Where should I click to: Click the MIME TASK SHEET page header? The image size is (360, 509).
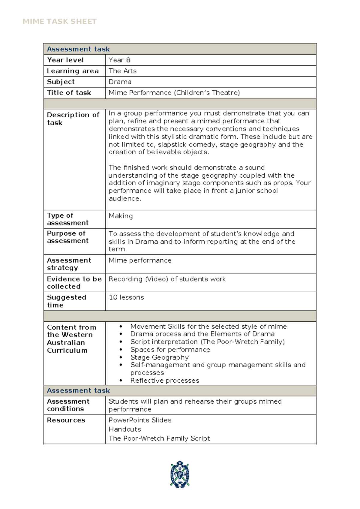pyautogui.click(x=59, y=22)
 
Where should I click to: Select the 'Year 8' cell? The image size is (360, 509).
pyautogui.click(x=119, y=60)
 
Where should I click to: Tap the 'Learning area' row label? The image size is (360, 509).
pyautogui.click(x=73, y=71)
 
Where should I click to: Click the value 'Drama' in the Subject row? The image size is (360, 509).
pyautogui.click(x=120, y=82)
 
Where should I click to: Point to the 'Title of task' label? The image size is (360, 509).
pyautogui.click(x=69, y=93)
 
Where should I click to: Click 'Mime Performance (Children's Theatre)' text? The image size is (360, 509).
pyautogui.click(x=174, y=93)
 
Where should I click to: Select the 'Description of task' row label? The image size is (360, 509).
pyautogui.click(x=73, y=119)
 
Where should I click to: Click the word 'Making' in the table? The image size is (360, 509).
pyautogui.click(x=121, y=216)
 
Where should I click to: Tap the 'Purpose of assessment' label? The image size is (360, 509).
pyautogui.click(x=67, y=237)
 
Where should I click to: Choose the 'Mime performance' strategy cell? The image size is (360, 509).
pyautogui.click(x=140, y=260)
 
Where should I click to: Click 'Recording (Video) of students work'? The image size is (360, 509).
pyautogui.click(x=167, y=279)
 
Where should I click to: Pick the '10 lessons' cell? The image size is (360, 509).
pyautogui.click(x=126, y=297)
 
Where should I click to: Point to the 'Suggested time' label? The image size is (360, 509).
pyautogui.click(x=66, y=301)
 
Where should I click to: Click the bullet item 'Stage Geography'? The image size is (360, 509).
pyautogui.click(x=159, y=357)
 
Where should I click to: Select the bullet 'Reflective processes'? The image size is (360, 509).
pyautogui.click(x=165, y=381)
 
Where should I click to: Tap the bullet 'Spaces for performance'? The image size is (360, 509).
pyautogui.click(x=170, y=350)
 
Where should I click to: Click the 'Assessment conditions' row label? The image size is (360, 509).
pyautogui.click(x=68, y=405)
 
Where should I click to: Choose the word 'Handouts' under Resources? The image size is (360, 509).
pyautogui.click(x=125, y=429)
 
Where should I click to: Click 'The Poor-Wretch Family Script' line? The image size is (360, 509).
pyautogui.click(x=159, y=438)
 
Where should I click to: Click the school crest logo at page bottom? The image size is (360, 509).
pyautogui.click(x=180, y=474)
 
